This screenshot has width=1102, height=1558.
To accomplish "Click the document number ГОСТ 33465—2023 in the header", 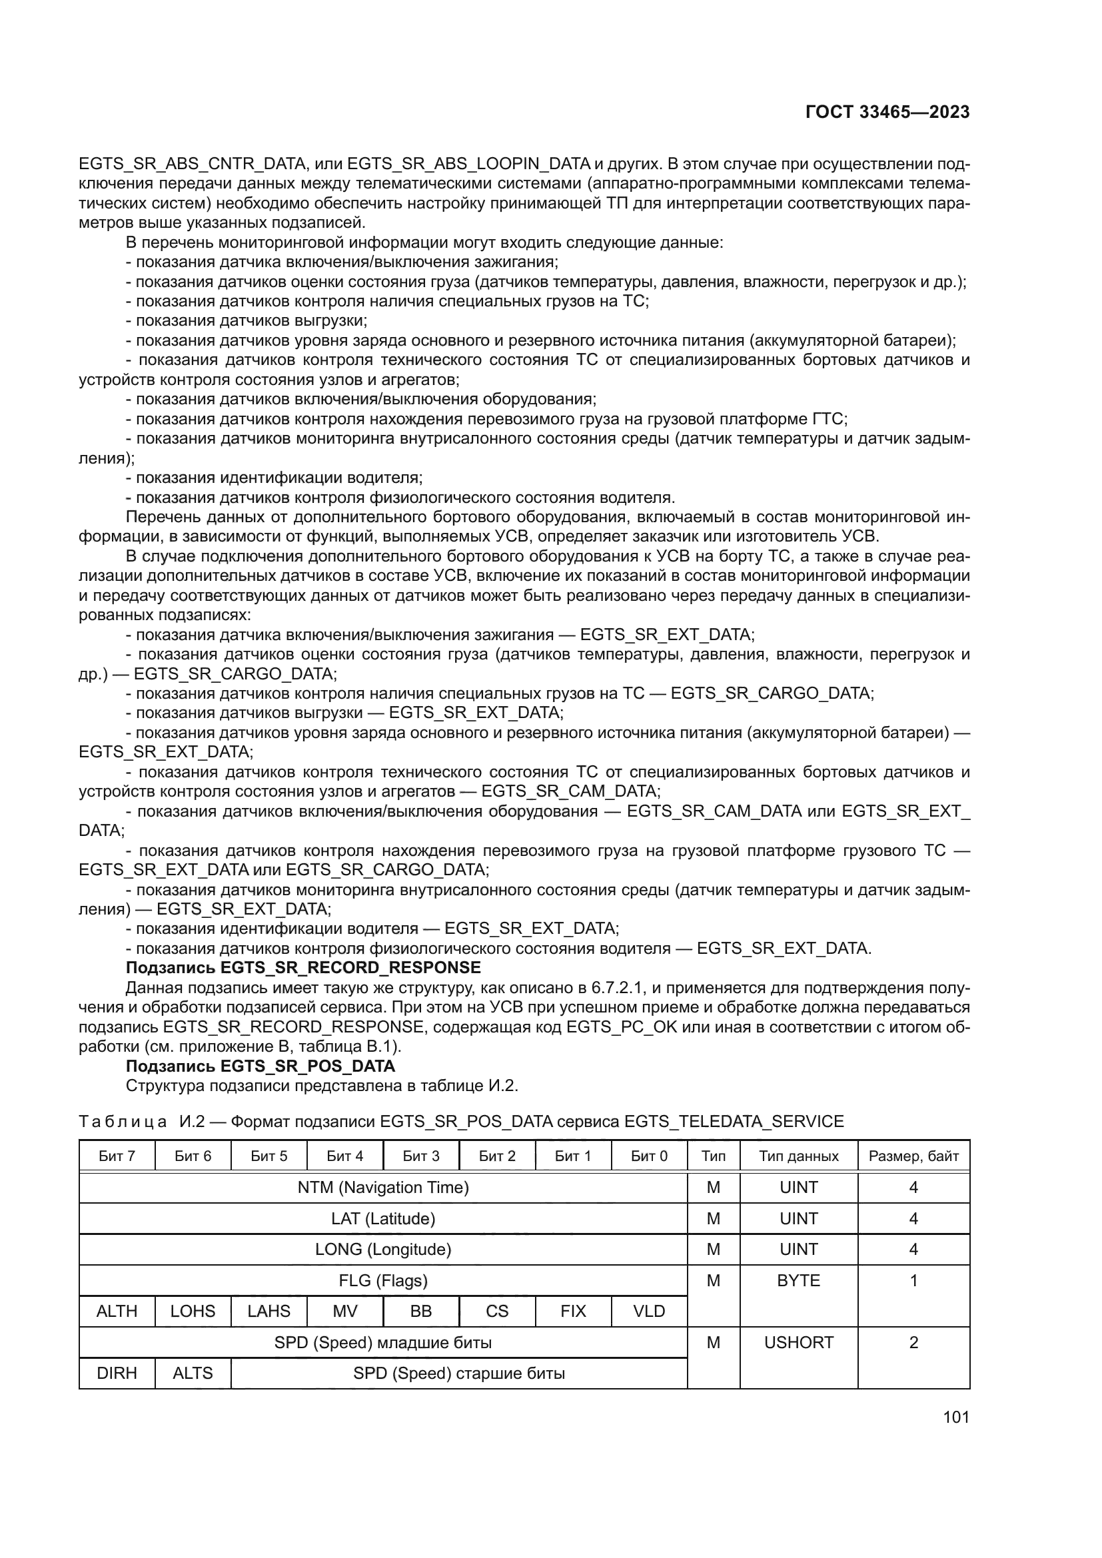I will (x=887, y=113).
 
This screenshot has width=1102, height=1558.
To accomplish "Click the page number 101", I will (x=955, y=1417).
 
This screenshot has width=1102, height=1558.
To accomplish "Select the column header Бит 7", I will (x=117, y=1156).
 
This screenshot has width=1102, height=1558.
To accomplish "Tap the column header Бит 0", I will (x=649, y=1156).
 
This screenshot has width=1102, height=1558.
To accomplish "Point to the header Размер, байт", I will (x=913, y=1156).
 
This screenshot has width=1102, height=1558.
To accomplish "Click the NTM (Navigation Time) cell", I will (x=382, y=1188).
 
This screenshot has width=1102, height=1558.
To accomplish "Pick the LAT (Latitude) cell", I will (x=382, y=1219).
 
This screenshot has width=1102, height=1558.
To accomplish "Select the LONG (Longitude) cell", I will (x=382, y=1249).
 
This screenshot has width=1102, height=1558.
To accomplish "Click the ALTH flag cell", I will (x=117, y=1311).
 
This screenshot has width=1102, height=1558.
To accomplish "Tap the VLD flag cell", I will (x=649, y=1311).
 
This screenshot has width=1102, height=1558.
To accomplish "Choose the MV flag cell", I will (x=344, y=1311).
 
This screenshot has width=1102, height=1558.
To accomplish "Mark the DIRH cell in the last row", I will (x=117, y=1373).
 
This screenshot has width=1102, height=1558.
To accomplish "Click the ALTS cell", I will (x=193, y=1373).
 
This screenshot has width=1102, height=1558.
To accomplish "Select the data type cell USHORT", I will (x=799, y=1342).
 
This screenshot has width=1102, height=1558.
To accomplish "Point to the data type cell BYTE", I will (x=799, y=1280).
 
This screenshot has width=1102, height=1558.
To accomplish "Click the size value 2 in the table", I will (x=913, y=1342).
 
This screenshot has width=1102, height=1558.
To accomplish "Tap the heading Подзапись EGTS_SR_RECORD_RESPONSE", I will (x=303, y=968).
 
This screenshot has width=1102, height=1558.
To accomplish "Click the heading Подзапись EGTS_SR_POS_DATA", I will (x=261, y=1066).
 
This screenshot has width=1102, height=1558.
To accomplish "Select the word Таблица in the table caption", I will (x=123, y=1122).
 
